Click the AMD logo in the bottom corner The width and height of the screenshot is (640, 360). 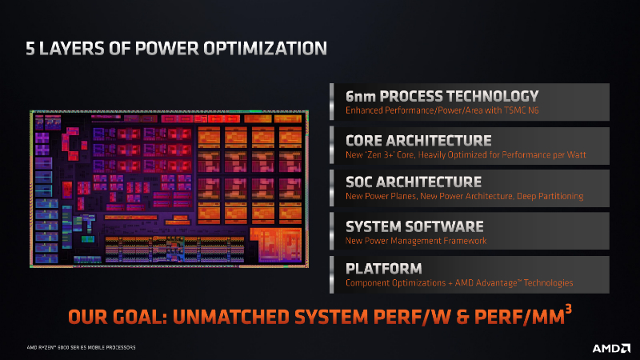611,348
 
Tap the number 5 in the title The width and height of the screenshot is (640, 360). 30,48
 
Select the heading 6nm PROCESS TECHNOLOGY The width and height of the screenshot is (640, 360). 442,96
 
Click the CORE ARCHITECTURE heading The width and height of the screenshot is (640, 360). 418,141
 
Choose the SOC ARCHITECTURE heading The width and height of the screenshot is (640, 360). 414,182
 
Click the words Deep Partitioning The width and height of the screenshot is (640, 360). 550,196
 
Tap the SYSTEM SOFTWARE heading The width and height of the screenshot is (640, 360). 414,226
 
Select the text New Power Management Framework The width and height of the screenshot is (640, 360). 416,241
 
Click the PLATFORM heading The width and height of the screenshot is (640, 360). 384,269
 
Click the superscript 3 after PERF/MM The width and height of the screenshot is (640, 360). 568,309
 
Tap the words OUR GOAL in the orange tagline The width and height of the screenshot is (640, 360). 118,317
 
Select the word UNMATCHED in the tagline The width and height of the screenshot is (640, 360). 231,317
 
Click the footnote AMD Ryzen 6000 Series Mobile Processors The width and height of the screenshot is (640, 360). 81,347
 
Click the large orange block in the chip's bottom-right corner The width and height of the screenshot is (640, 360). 277,245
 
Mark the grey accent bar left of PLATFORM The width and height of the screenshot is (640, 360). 332,274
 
